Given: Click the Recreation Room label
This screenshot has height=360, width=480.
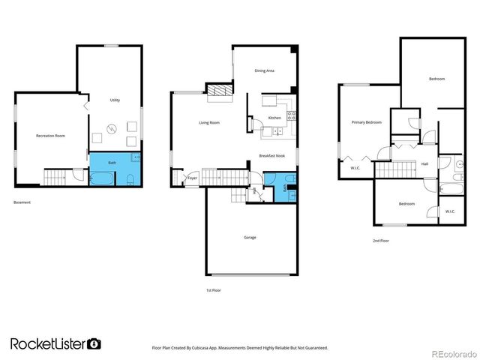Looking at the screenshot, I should [x=51, y=136].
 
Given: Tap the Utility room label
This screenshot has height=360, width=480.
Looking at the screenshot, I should [x=115, y=100].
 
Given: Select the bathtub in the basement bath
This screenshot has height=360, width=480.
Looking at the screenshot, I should [x=102, y=178].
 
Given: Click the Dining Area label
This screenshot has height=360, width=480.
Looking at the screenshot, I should [x=264, y=70].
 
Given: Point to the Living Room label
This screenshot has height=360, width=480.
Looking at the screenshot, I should [x=209, y=122].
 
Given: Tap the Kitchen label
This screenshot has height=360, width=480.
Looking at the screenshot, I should [x=274, y=118].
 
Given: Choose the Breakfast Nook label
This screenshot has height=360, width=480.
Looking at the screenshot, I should [x=271, y=155].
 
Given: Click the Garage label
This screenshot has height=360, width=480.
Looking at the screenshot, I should [x=250, y=237].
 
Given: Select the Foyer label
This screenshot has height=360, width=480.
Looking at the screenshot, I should [x=193, y=178].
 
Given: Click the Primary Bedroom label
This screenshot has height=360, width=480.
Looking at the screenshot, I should [x=367, y=122].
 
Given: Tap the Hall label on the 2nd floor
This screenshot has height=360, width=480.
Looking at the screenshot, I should [x=424, y=163].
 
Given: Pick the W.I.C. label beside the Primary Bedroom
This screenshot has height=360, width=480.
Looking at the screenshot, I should [x=355, y=168].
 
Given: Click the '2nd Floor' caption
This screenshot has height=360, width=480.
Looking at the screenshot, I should [x=380, y=241].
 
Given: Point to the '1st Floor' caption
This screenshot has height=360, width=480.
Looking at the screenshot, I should [x=214, y=290].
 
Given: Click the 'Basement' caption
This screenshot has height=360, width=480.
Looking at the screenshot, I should [x=22, y=203].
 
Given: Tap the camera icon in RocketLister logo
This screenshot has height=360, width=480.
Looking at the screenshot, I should [x=94, y=343].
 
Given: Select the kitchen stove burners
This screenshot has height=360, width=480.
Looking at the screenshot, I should [x=292, y=116].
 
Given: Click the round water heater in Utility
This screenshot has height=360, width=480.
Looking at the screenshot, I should [x=112, y=128].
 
